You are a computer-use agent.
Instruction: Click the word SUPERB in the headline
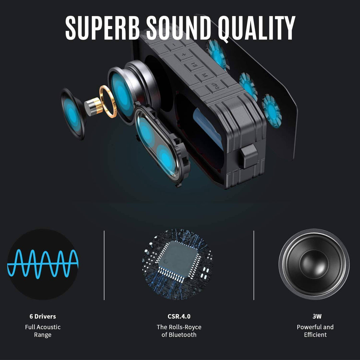tap(103, 28)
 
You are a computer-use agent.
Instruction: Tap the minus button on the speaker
tap(174, 45)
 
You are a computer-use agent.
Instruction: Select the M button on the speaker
tap(204, 75)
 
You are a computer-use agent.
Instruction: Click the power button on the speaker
tap(216, 87)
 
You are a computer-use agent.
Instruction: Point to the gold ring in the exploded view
tap(108, 101)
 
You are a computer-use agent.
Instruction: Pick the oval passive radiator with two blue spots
tap(162, 145)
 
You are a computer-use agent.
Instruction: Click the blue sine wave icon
tap(43, 264)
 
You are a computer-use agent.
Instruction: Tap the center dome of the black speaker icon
tap(314, 264)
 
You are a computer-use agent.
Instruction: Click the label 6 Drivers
tap(43, 316)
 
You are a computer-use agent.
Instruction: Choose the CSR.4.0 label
tap(179, 316)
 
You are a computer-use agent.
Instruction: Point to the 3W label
tap(317, 316)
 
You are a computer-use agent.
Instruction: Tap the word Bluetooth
tap(183, 335)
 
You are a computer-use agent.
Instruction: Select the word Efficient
tap(315, 335)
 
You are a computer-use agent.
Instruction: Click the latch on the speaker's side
tap(249, 156)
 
